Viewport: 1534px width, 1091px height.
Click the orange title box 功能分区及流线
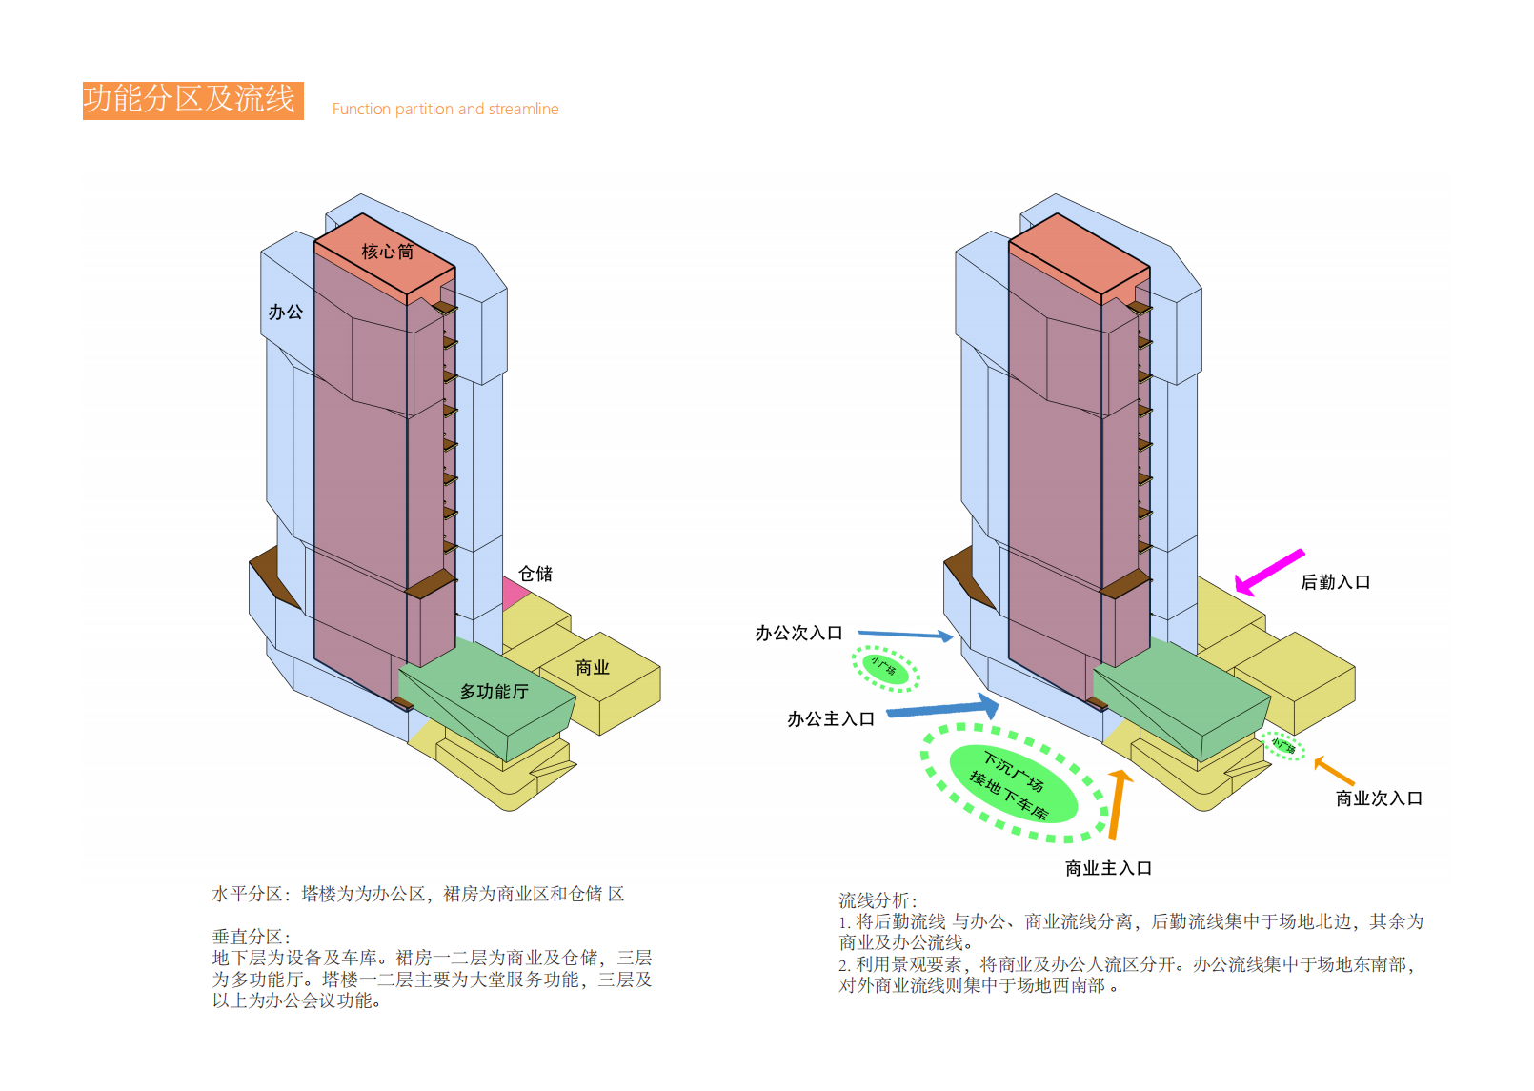(x=192, y=100)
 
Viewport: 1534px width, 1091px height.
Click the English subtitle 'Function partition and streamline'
(x=445, y=110)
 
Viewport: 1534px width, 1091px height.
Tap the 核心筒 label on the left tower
(x=387, y=252)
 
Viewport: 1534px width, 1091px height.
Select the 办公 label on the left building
(x=285, y=312)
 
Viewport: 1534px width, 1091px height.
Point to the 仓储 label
(x=535, y=574)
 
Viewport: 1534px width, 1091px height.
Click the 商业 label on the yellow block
(x=592, y=667)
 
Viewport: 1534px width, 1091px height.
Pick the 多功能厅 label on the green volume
(x=494, y=691)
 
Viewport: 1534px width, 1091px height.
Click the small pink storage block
(x=513, y=593)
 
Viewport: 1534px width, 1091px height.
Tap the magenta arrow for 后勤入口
(x=1269, y=572)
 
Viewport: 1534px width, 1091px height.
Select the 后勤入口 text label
(x=1335, y=582)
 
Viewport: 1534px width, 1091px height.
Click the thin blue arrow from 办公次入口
(x=905, y=635)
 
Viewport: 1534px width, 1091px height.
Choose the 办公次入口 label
(x=798, y=634)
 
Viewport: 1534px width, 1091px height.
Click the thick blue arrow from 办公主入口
(x=943, y=709)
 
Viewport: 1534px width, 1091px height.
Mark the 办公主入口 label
(x=830, y=719)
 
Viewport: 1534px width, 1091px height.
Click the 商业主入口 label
(x=1108, y=868)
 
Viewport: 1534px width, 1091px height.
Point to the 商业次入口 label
(x=1379, y=798)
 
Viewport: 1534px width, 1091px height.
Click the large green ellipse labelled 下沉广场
(x=1014, y=784)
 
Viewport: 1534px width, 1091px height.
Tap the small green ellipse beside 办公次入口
(x=884, y=668)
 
